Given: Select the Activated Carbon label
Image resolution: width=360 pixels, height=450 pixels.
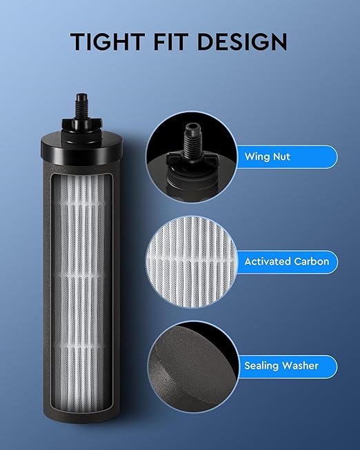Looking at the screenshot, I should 286,262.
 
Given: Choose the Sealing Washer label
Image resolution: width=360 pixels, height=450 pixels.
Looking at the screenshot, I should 281,366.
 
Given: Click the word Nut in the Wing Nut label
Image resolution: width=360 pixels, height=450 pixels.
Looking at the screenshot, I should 281,156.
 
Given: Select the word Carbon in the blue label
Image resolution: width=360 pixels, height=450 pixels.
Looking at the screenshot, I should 311,262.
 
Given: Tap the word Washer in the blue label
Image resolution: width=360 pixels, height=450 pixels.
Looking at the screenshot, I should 301,366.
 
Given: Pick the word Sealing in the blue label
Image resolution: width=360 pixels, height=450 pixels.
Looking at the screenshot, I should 261,366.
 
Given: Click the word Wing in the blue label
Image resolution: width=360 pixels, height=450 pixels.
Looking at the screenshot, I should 257,156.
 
